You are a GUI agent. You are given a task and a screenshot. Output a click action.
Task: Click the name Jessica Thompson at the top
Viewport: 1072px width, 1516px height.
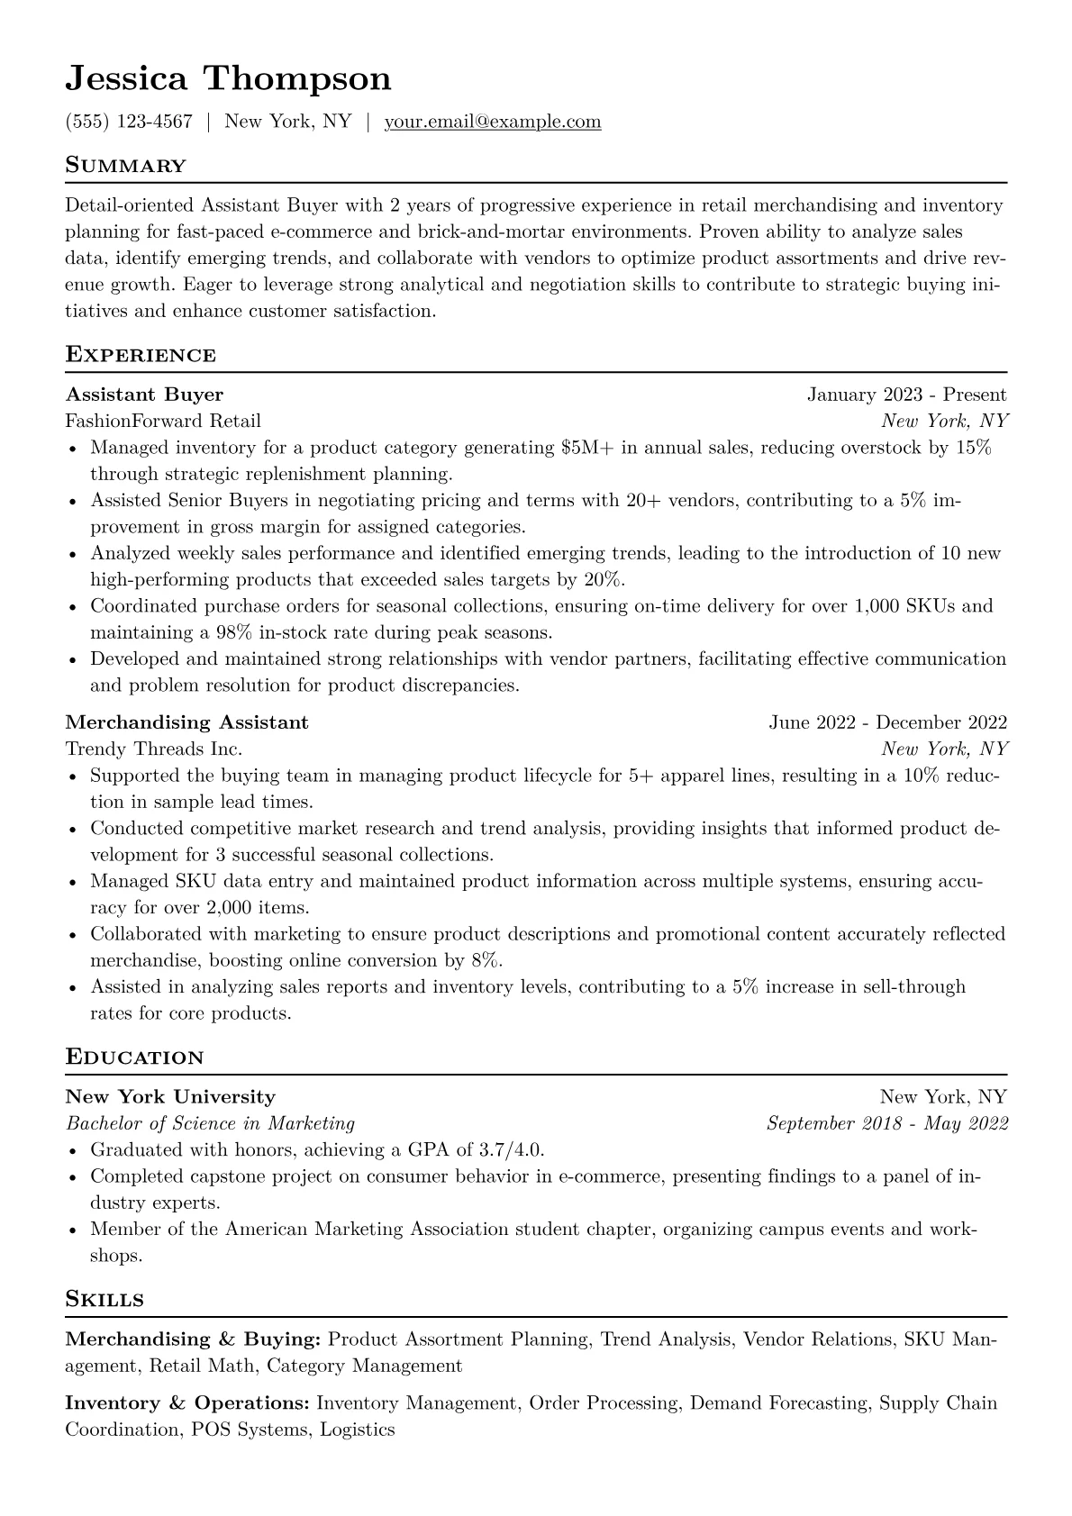228,79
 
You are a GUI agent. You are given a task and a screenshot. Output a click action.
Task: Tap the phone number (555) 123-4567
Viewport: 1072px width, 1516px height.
129,122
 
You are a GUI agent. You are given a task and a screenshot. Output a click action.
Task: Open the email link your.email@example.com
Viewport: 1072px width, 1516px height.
493,122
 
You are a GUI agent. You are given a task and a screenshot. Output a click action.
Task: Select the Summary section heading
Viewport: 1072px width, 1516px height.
125,166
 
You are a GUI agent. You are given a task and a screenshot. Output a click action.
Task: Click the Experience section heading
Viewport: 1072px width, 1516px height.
141,355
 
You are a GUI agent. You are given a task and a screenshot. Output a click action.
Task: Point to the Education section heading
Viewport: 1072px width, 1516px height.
134,1058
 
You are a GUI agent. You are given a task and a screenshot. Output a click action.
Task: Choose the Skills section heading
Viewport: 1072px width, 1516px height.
104,1300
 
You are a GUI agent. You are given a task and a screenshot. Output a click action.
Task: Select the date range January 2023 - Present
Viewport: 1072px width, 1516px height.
906,395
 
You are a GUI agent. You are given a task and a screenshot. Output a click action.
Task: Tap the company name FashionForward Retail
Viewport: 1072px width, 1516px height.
163,421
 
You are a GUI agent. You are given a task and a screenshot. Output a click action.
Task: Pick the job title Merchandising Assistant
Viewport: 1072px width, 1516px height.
186,722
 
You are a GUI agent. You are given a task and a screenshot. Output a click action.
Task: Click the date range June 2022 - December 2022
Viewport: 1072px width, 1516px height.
887,722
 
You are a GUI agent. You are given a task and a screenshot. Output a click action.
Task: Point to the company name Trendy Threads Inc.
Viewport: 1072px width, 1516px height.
154,749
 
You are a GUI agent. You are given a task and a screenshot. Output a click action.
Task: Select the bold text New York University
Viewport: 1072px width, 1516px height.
170,1097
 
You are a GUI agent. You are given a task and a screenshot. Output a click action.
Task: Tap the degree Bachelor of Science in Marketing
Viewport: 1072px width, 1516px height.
210,1123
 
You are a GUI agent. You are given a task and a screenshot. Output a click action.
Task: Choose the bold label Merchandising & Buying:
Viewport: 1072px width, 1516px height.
193,1339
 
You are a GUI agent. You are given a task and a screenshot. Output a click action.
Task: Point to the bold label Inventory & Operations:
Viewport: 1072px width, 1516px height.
187,1403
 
